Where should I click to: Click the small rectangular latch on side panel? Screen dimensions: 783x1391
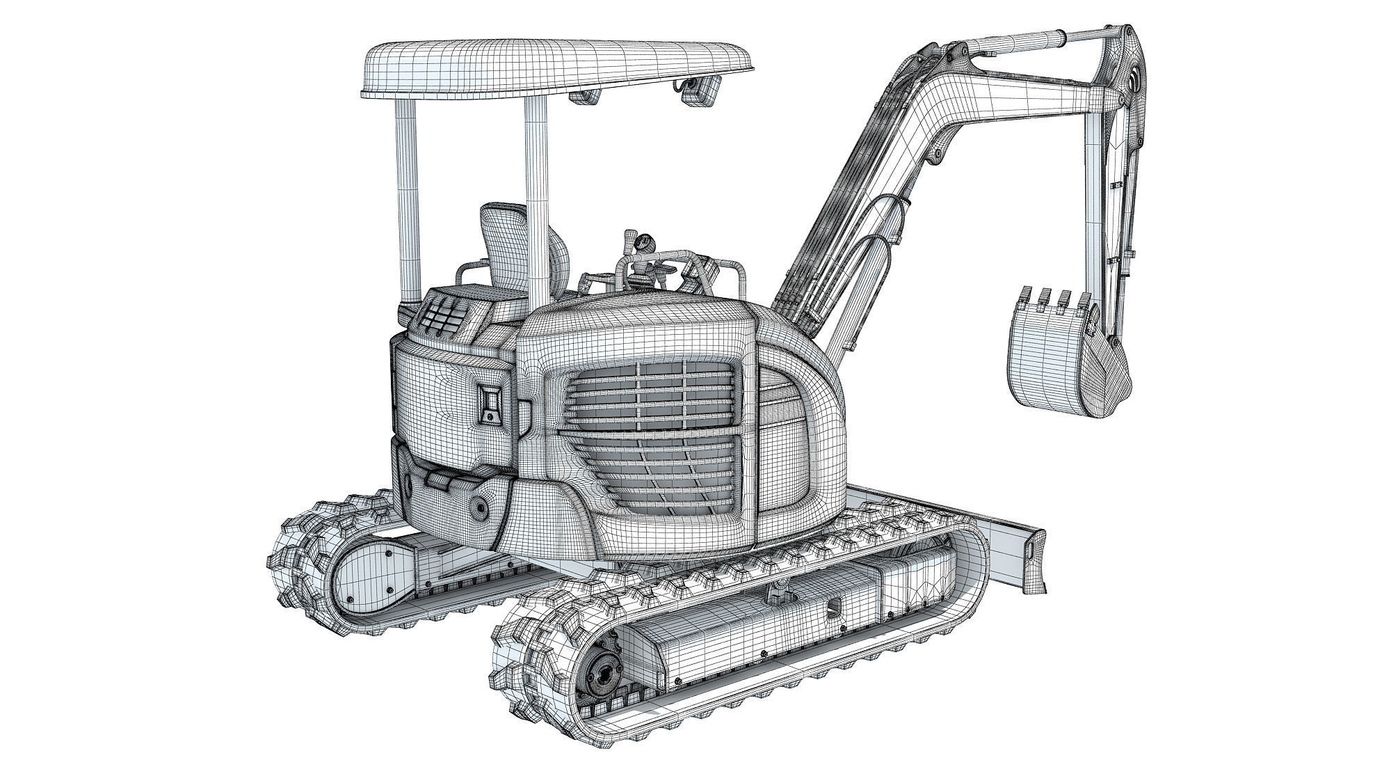click(491, 404)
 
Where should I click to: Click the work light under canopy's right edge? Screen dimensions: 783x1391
click(699, 90)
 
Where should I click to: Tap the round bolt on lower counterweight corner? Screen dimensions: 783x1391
click(480, 507)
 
